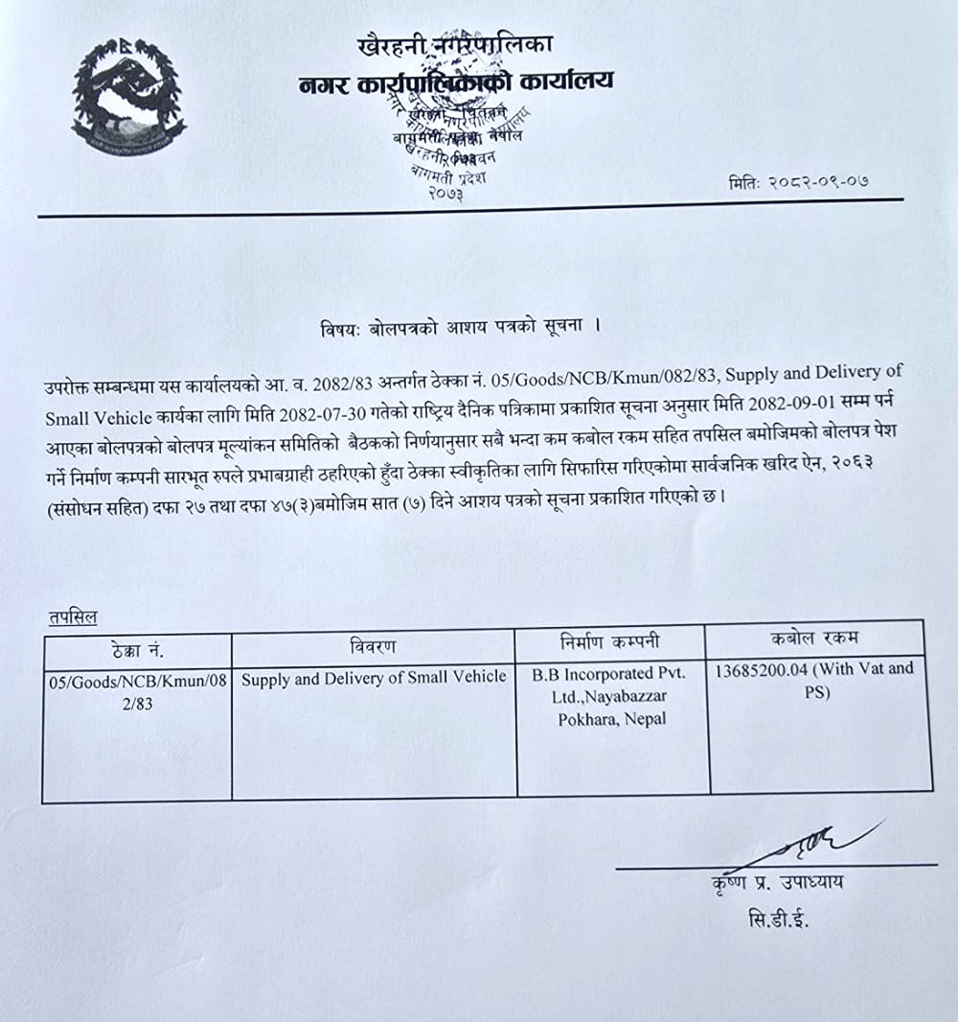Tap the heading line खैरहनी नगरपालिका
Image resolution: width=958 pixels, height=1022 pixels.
click(x=455, y=44)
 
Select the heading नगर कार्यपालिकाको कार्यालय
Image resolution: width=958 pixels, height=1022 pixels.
click(x=455, y=81)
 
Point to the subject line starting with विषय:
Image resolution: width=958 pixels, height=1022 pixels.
click(x=460, y=327)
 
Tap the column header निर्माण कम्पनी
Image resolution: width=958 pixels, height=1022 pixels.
click(x=610, y=641)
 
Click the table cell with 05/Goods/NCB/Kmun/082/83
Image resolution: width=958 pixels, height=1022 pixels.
click(x=137, y=690)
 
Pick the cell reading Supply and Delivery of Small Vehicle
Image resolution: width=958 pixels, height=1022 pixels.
click(x=374, y=678)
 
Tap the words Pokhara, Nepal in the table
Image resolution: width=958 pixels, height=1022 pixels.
click(x=612, y=718)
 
